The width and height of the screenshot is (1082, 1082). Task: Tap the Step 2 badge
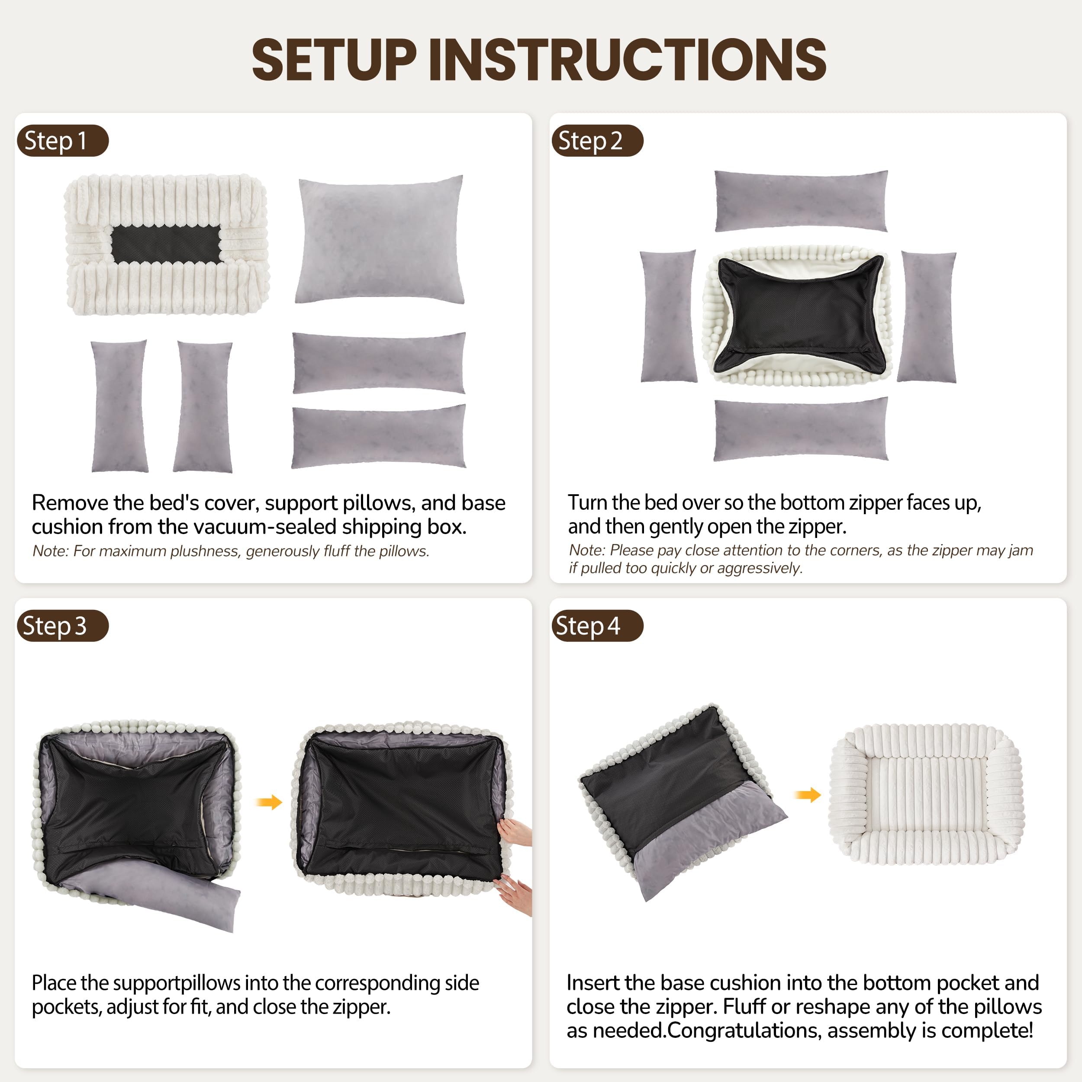pyautogui.click(x=596, y=141)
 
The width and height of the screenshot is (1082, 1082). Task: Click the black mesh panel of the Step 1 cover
pyautogui.click(x=166, y=244)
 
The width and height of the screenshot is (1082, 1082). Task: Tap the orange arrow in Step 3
pyautogui.click(x=269, y=802)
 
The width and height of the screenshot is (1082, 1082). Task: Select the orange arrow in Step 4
pyautogui.click(x=808, y=794)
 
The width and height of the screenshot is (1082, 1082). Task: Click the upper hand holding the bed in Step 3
pyautogui.click(x=514, y=833)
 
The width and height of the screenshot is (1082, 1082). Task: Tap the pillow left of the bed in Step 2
pyautogui.click(x=668, y=317)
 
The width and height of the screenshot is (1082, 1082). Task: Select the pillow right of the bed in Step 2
pyautogui.click(x=927, y=317)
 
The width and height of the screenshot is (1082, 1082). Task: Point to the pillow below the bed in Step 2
pyautogui.click(x=801, y=429)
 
